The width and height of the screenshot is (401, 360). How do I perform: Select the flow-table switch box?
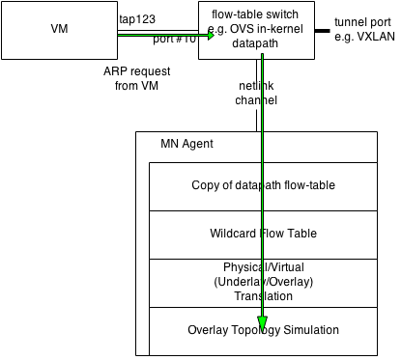coord(259,29)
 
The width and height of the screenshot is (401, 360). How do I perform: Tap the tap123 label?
coord(137,19)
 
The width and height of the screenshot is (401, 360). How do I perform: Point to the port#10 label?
coord(175,42)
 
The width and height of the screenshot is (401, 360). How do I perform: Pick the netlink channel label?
coord(256,94)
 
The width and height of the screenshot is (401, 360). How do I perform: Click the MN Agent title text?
coord(186,144)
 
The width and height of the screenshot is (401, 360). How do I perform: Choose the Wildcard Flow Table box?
coord(262,234)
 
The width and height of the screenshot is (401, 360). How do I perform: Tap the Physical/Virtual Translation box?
coord(262,281)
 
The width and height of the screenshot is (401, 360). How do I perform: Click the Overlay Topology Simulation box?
coord(262,330)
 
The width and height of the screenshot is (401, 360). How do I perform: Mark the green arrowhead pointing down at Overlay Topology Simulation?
coord(262,324)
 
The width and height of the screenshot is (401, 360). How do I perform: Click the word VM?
coord(59,29)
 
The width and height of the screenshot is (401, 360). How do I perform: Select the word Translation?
coord(263,296)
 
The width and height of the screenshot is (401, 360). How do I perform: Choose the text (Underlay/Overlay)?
coord(263,281)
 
